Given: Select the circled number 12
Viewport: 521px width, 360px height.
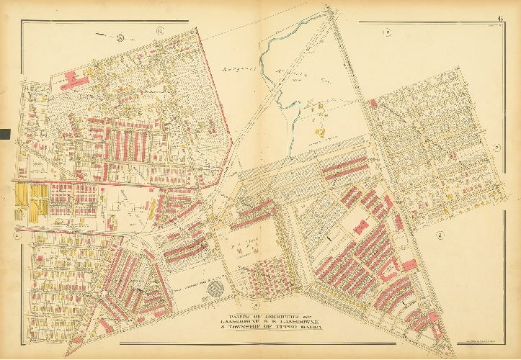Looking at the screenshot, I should (x=159, y=31).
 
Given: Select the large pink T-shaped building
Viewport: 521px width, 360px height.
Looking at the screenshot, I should (x=73, y=78).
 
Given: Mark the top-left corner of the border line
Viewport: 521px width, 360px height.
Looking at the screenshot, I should (x=21, y=22).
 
